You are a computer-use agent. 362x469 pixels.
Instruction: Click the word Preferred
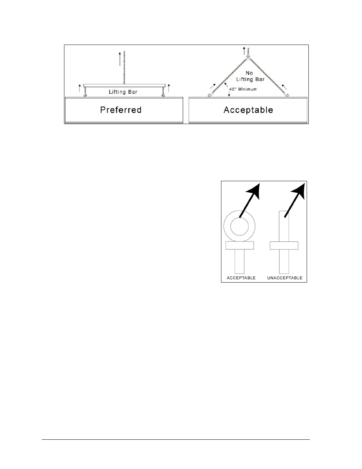(x=121, y=110)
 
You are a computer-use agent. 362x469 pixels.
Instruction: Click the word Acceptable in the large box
(x=248, y=110)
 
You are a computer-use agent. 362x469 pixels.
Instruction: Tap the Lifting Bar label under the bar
(x=123, y=92)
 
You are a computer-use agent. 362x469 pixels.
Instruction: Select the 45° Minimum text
(x=243, y=89)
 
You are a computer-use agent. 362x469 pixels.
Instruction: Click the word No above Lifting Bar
(x=249, y=73)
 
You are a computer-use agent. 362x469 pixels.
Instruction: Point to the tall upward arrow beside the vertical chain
(x=120, y=59)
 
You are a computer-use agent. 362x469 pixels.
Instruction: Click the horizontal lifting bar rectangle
(x=124, y=85)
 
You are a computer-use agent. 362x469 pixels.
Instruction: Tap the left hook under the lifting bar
(x=85, y=95)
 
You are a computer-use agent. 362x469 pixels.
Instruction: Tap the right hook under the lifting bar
(x=163, y=95)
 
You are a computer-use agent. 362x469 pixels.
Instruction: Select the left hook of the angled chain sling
(x=210, y=95)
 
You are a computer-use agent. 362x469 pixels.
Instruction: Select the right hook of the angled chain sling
(x=286, y=95)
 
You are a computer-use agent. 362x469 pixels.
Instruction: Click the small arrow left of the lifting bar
(x=80, y=88)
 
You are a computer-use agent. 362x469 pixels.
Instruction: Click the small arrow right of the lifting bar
(x=168, y=88)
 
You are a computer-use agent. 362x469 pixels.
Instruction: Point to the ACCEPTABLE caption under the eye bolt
(x=241, y=278)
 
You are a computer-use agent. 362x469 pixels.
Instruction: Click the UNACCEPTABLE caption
(x=285, y=278)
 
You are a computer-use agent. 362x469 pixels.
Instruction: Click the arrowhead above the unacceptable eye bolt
(x=298, y=191)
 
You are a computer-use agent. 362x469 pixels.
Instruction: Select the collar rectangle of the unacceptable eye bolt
(x=284, y=246)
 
